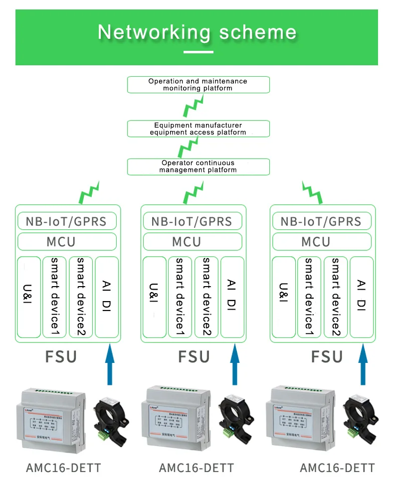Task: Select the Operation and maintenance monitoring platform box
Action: click(198, 84)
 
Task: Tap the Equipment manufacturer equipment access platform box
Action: click(198, 129)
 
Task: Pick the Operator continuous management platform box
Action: click(198, 166)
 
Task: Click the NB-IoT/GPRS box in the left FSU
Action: click(67, 221)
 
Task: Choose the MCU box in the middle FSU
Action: click(192, 242)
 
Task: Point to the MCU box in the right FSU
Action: click(321, 242)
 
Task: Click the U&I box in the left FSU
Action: click(28, 297)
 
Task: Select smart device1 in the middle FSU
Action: click(180, 297)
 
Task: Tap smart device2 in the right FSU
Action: click(335, 297)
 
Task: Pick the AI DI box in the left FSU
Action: click(106, 297)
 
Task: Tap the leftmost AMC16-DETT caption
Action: click(63, 468)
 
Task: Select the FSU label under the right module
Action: click(327, 357)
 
